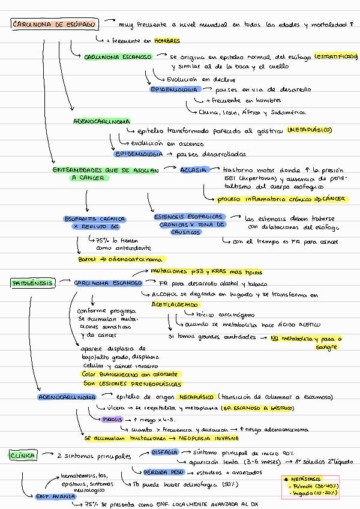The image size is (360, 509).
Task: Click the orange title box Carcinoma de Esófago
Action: pyautogui.click(x=53, y=25)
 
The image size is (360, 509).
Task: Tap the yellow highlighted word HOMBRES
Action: pyautogui.click(x=167, y=41)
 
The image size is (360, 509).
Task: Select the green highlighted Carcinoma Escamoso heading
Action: pyautogui.click(x=118, y=57)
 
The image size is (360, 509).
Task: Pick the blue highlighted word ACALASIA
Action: pyautogui.click(x=194, y=170)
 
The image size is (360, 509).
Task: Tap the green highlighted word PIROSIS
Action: pyautogui.click(x=112, y=419)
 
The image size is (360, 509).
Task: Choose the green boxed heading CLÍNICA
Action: pyautogui.click(x=23, y=456)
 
